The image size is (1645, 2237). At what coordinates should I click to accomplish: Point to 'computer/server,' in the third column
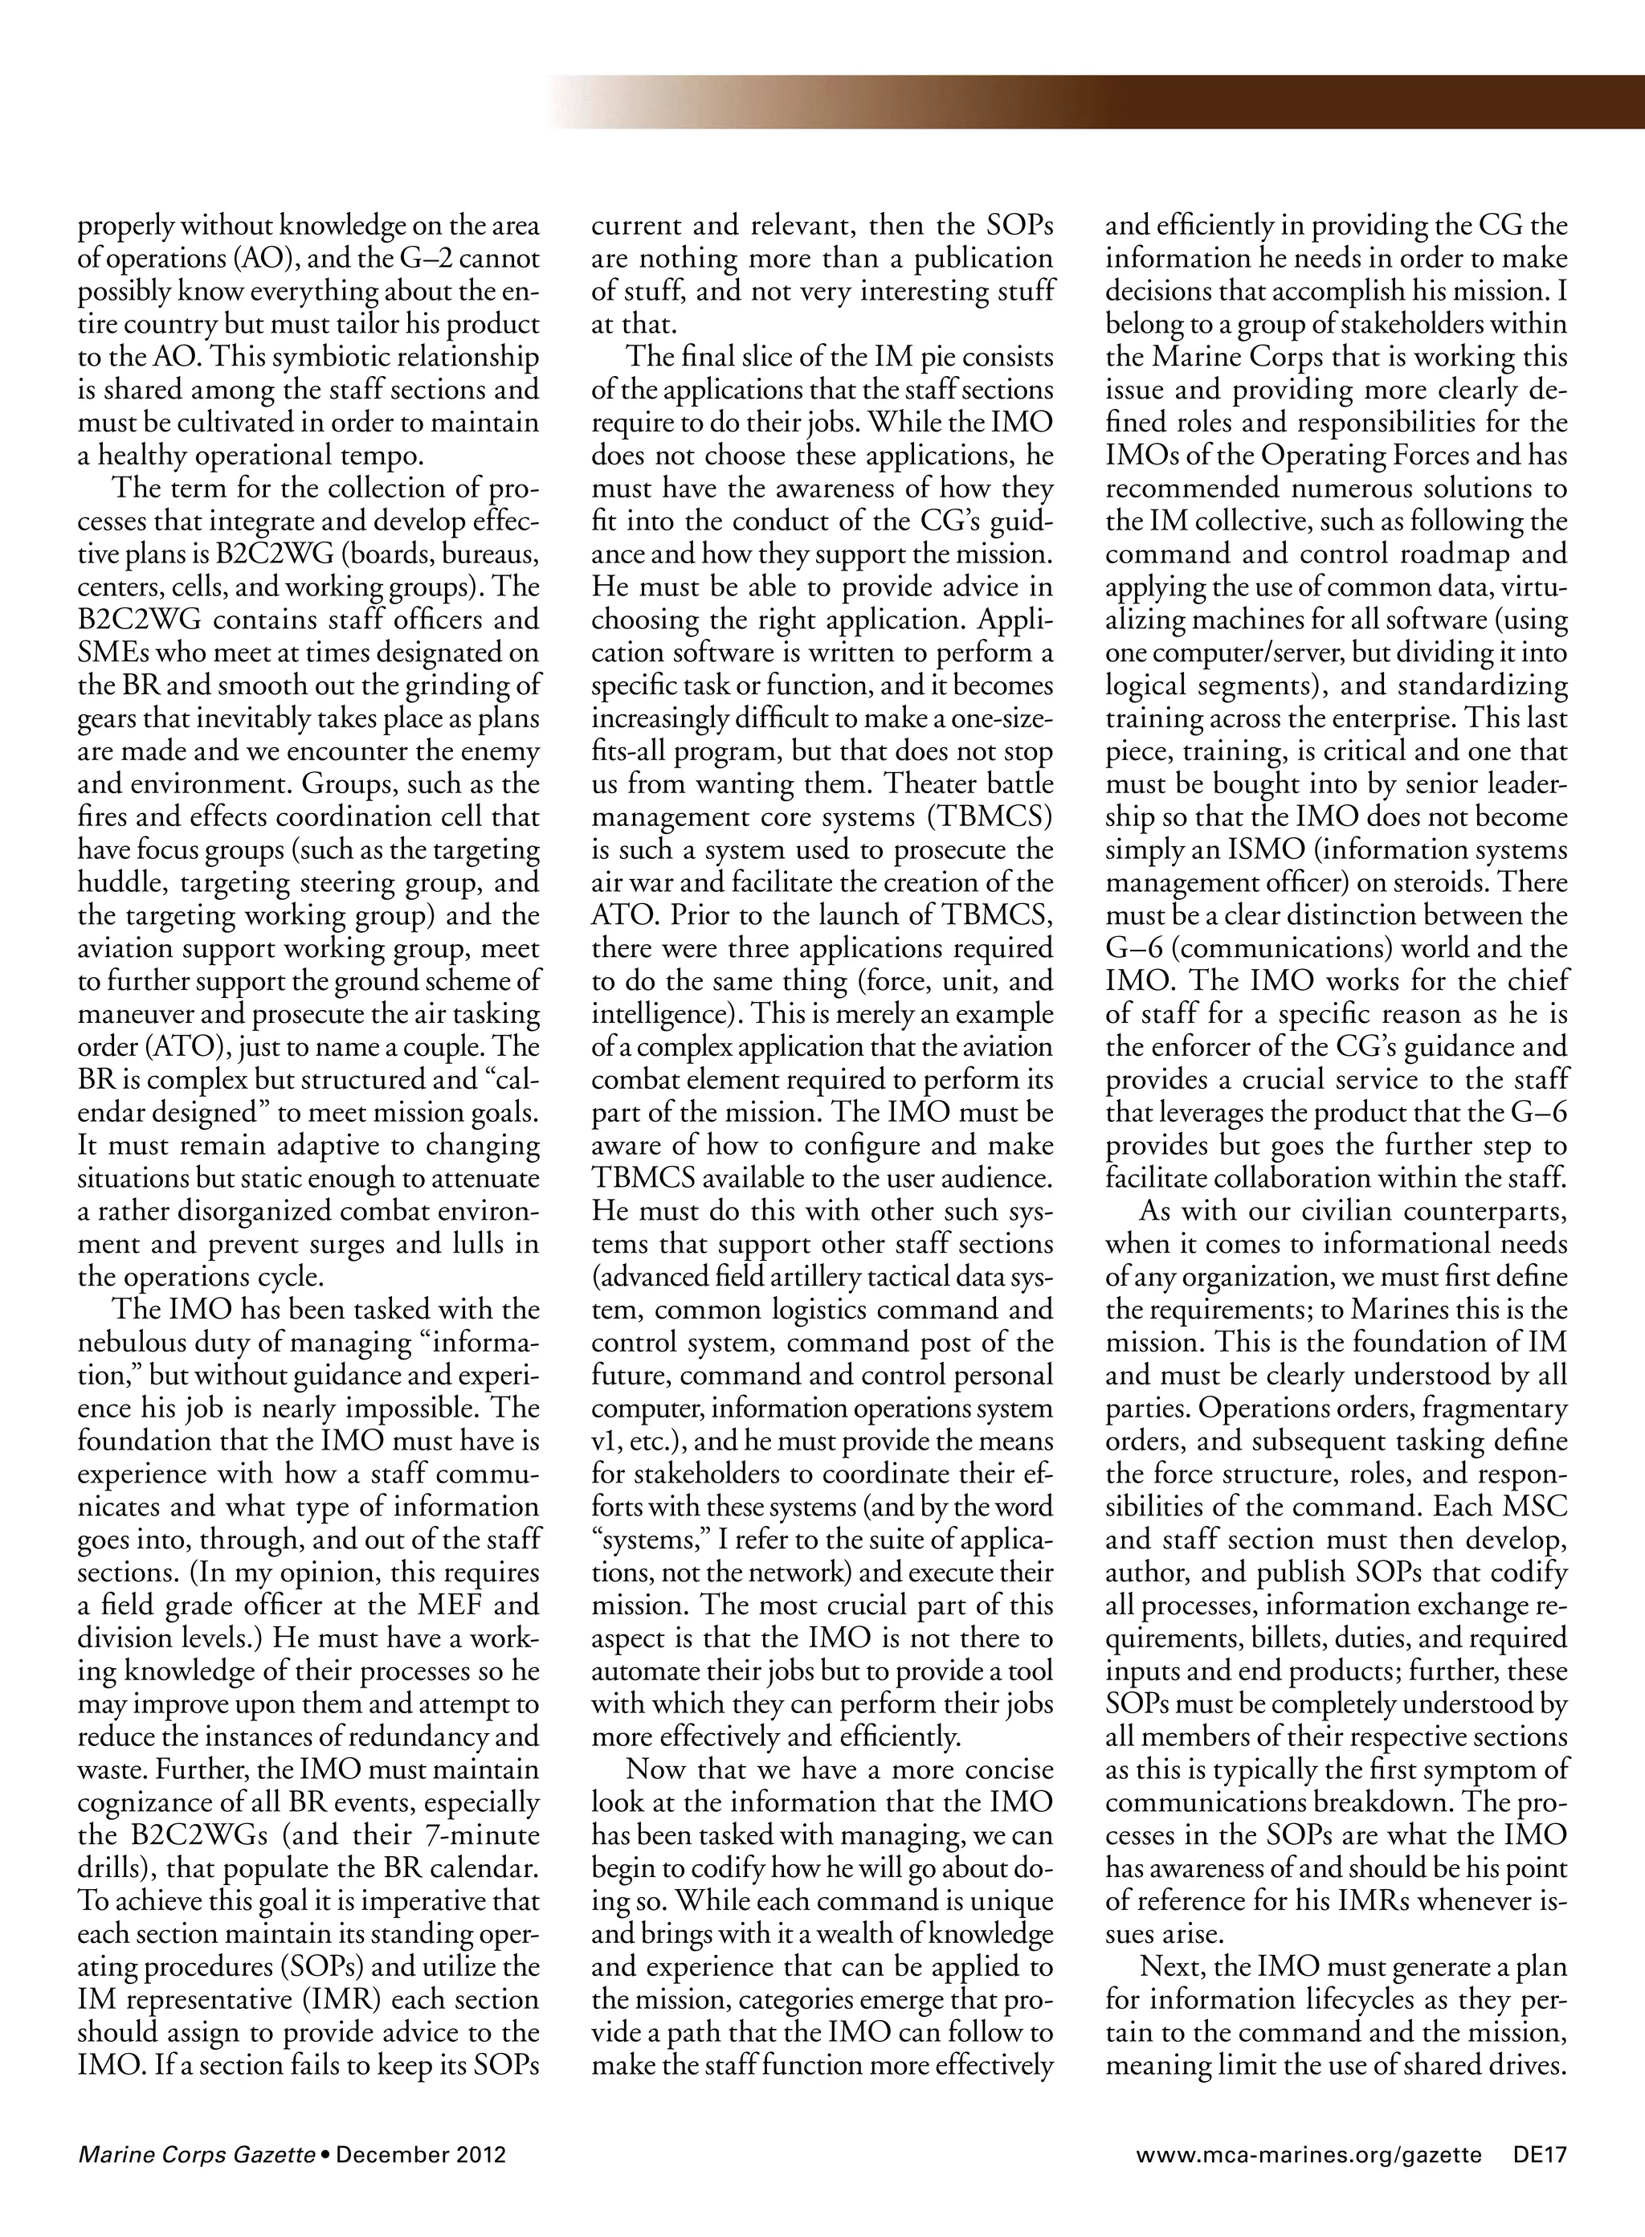1247,653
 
